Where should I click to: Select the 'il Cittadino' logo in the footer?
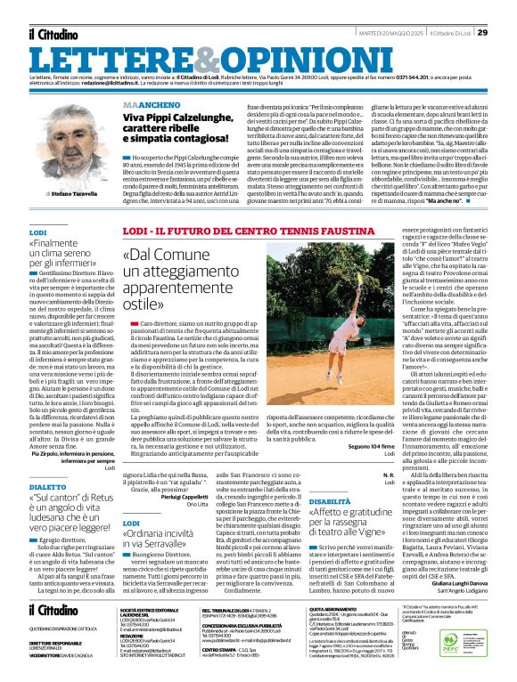tap(57, 610)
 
